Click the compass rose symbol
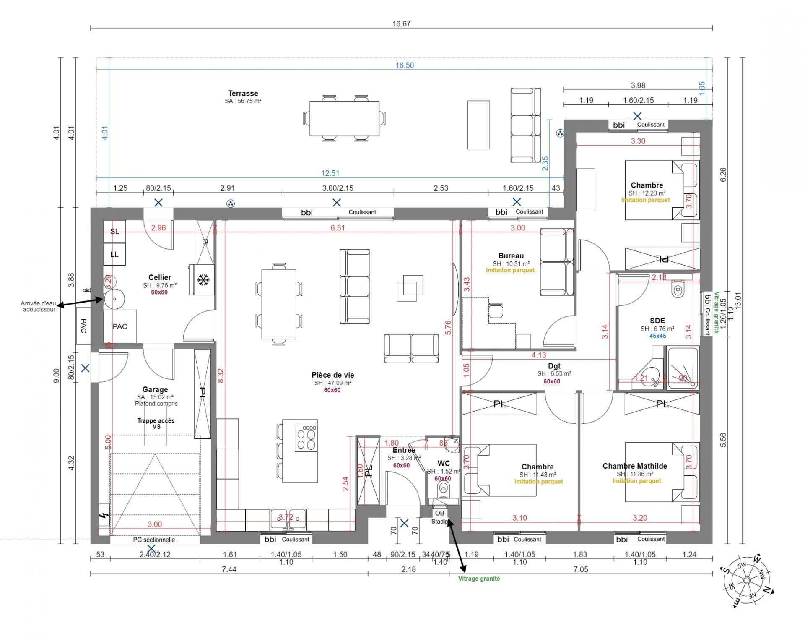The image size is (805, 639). pyautogui.click(x=747, y=580)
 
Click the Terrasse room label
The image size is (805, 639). pyautogui.click(x=243, y=94)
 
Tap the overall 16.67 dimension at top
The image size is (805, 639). pyautogui.click(x=401, y=24)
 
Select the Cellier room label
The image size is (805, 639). pyautogui.click(x=160, y=277)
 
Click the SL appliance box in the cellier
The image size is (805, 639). pyautogui.click(x=114, y=231)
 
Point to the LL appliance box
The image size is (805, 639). pyautogui.click(x=114, y=254)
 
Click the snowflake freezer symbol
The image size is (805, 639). pyautogui.click(x=203, y=280)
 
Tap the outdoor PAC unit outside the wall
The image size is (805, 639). pyautogui.click(x=83, y=326)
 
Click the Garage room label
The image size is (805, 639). pyautogui.click(x=155, y=389)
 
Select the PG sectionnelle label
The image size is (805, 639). pyautogui.click(x=154, y=540)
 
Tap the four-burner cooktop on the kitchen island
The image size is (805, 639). pyautogui.click(x=306, y=438)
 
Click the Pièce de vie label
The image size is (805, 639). pyautogui.click(x=332, y=375)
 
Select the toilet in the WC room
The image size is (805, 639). pyautogui.click(x=443, y=489)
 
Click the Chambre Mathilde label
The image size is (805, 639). pyautogui.click(x=634, y=466)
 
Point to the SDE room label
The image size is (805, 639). pyautogui.click(x=657, y=321)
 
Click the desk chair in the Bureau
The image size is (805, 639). pyautogui.click(x=496, y=311)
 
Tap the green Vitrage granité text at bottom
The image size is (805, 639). pyautogui.click(x=479, y=579)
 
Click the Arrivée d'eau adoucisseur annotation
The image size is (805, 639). pyautogui.click(x=39, y=306)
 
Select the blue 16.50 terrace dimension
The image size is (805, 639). pyautogui.click(x=404, y=65)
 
